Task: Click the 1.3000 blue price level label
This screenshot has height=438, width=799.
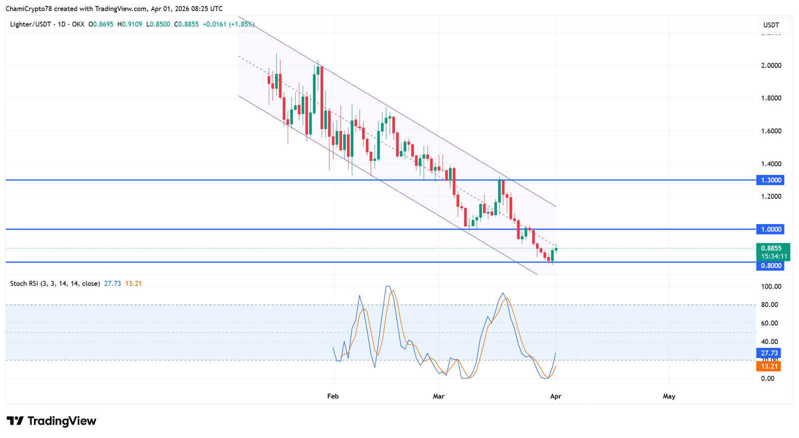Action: click(x=771, y=180)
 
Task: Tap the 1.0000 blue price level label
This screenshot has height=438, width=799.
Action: click(x=771, y=229)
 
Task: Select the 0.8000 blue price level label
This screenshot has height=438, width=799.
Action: click(x=771, y=265)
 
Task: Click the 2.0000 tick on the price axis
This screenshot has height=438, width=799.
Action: click(x=771, y=65)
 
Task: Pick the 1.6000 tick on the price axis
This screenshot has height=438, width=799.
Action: click(x=771, y=131)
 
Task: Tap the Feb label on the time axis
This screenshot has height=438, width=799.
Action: click(x=333, y=396)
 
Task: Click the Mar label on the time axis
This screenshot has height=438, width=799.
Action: click(x=438, y=396)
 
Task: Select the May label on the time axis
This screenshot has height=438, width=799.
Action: click(x=669, y=396)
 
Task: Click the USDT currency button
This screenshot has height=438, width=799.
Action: click(x=771, y=25)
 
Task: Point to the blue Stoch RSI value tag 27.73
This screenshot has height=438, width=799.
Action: click(x=769, y=353)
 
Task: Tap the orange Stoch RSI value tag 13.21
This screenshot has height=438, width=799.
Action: click(x=769, y=366)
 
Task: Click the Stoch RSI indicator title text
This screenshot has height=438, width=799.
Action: click(x=55, y=283)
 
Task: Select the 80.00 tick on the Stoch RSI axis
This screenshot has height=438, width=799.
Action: click(x=769, y=304)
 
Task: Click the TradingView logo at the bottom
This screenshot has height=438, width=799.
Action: click(x=51, y=421)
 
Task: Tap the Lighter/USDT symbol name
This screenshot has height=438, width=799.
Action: click(x=30, y=24)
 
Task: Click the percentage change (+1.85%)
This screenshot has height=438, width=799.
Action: click(x=242, y=24)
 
